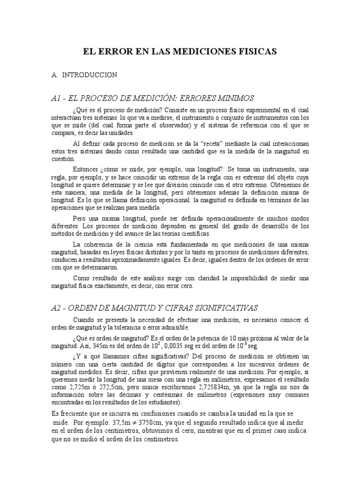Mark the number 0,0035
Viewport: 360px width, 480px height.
click(184, 346)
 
